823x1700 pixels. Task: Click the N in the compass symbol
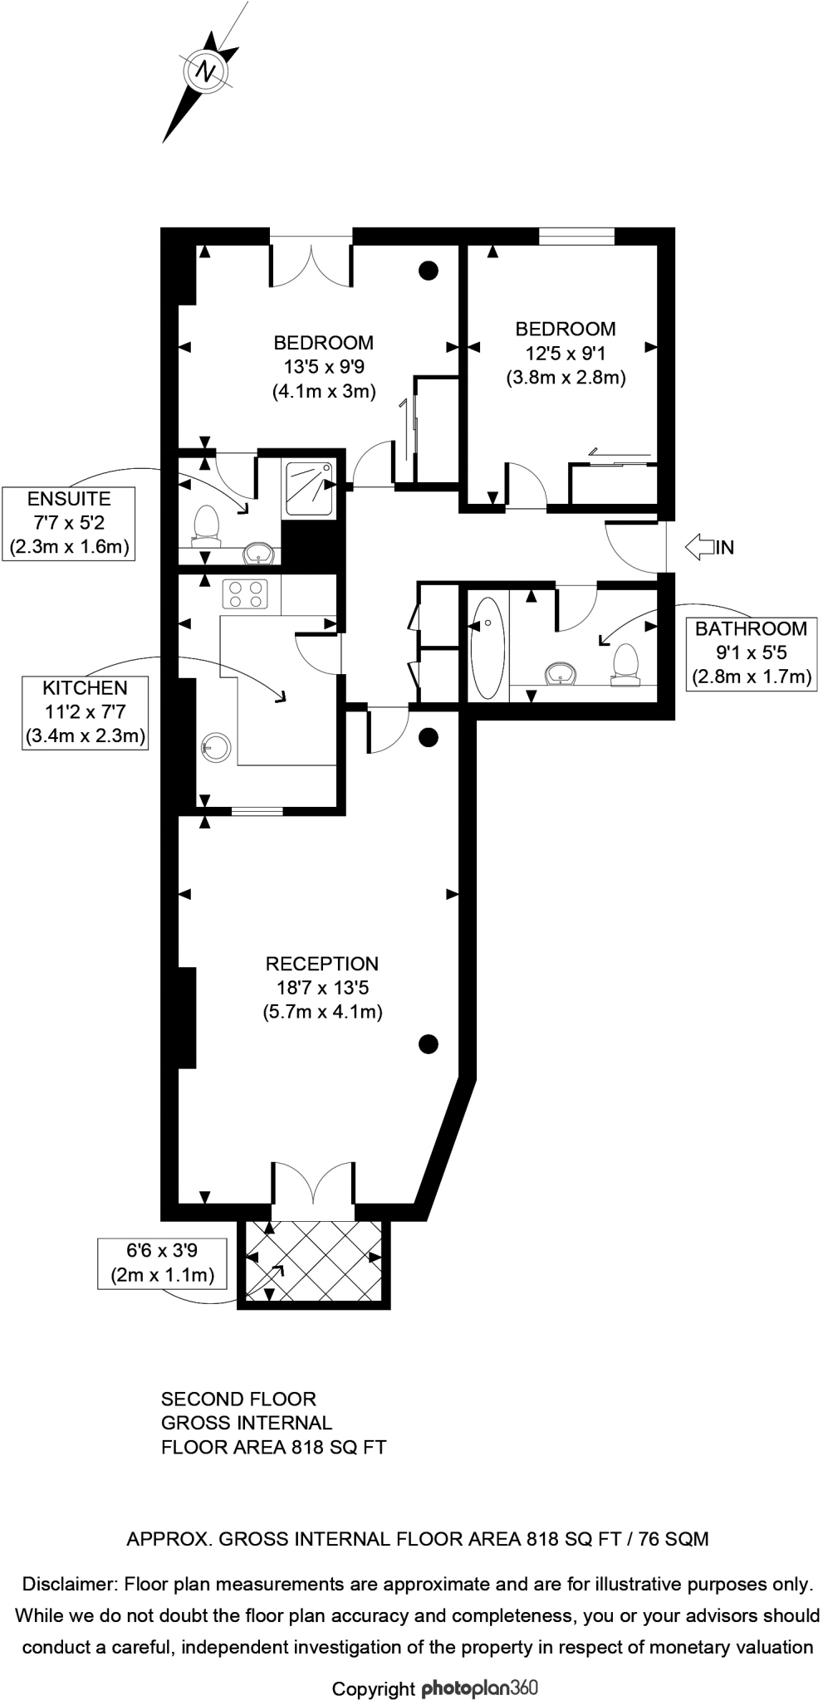[205, 71]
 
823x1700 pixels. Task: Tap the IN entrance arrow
[700, 547]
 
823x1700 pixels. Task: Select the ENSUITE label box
[69, 524]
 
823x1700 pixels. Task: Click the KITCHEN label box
[86, 712]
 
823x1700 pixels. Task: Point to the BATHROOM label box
[751, 653]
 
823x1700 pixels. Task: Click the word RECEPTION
[321, 964]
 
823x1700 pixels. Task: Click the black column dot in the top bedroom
[428, 270]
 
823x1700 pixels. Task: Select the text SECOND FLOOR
[238, 1399]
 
